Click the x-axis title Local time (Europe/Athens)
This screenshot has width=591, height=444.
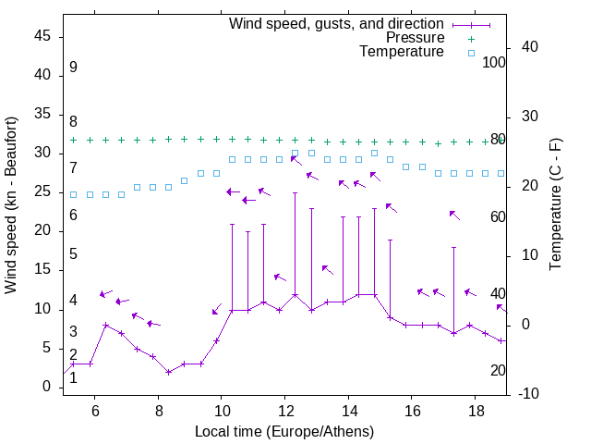click(284, 432)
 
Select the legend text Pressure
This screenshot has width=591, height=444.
click(415, 38)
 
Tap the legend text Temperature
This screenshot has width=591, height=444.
click(402, 52)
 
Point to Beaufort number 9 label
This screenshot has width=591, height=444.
click(73, 68)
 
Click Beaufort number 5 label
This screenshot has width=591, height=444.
click(73, 254)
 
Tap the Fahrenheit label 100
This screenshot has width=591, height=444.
click(495, 62)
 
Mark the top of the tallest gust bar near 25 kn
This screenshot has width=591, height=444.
click(295, 193)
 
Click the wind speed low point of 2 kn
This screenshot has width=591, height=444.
click(168, 372)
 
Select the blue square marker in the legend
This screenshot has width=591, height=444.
click(471, 53)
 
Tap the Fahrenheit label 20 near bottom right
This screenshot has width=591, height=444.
click(498, 370)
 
